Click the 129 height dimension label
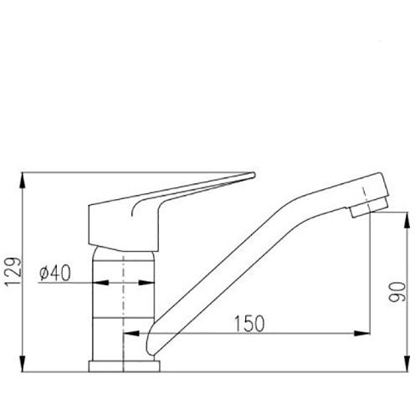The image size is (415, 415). [13, 272]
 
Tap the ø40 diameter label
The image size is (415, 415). [55, 273]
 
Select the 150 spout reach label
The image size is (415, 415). [248, 324]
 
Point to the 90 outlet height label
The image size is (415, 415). [397, 292]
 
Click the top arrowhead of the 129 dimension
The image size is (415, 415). [23, 181]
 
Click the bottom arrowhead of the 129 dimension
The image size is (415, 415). [23, 364]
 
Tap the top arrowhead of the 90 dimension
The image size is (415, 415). [407, 220]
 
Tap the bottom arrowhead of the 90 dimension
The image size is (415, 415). [407, 364]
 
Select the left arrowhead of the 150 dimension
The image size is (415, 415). [131, 333]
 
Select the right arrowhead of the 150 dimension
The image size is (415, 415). [361, 333]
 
